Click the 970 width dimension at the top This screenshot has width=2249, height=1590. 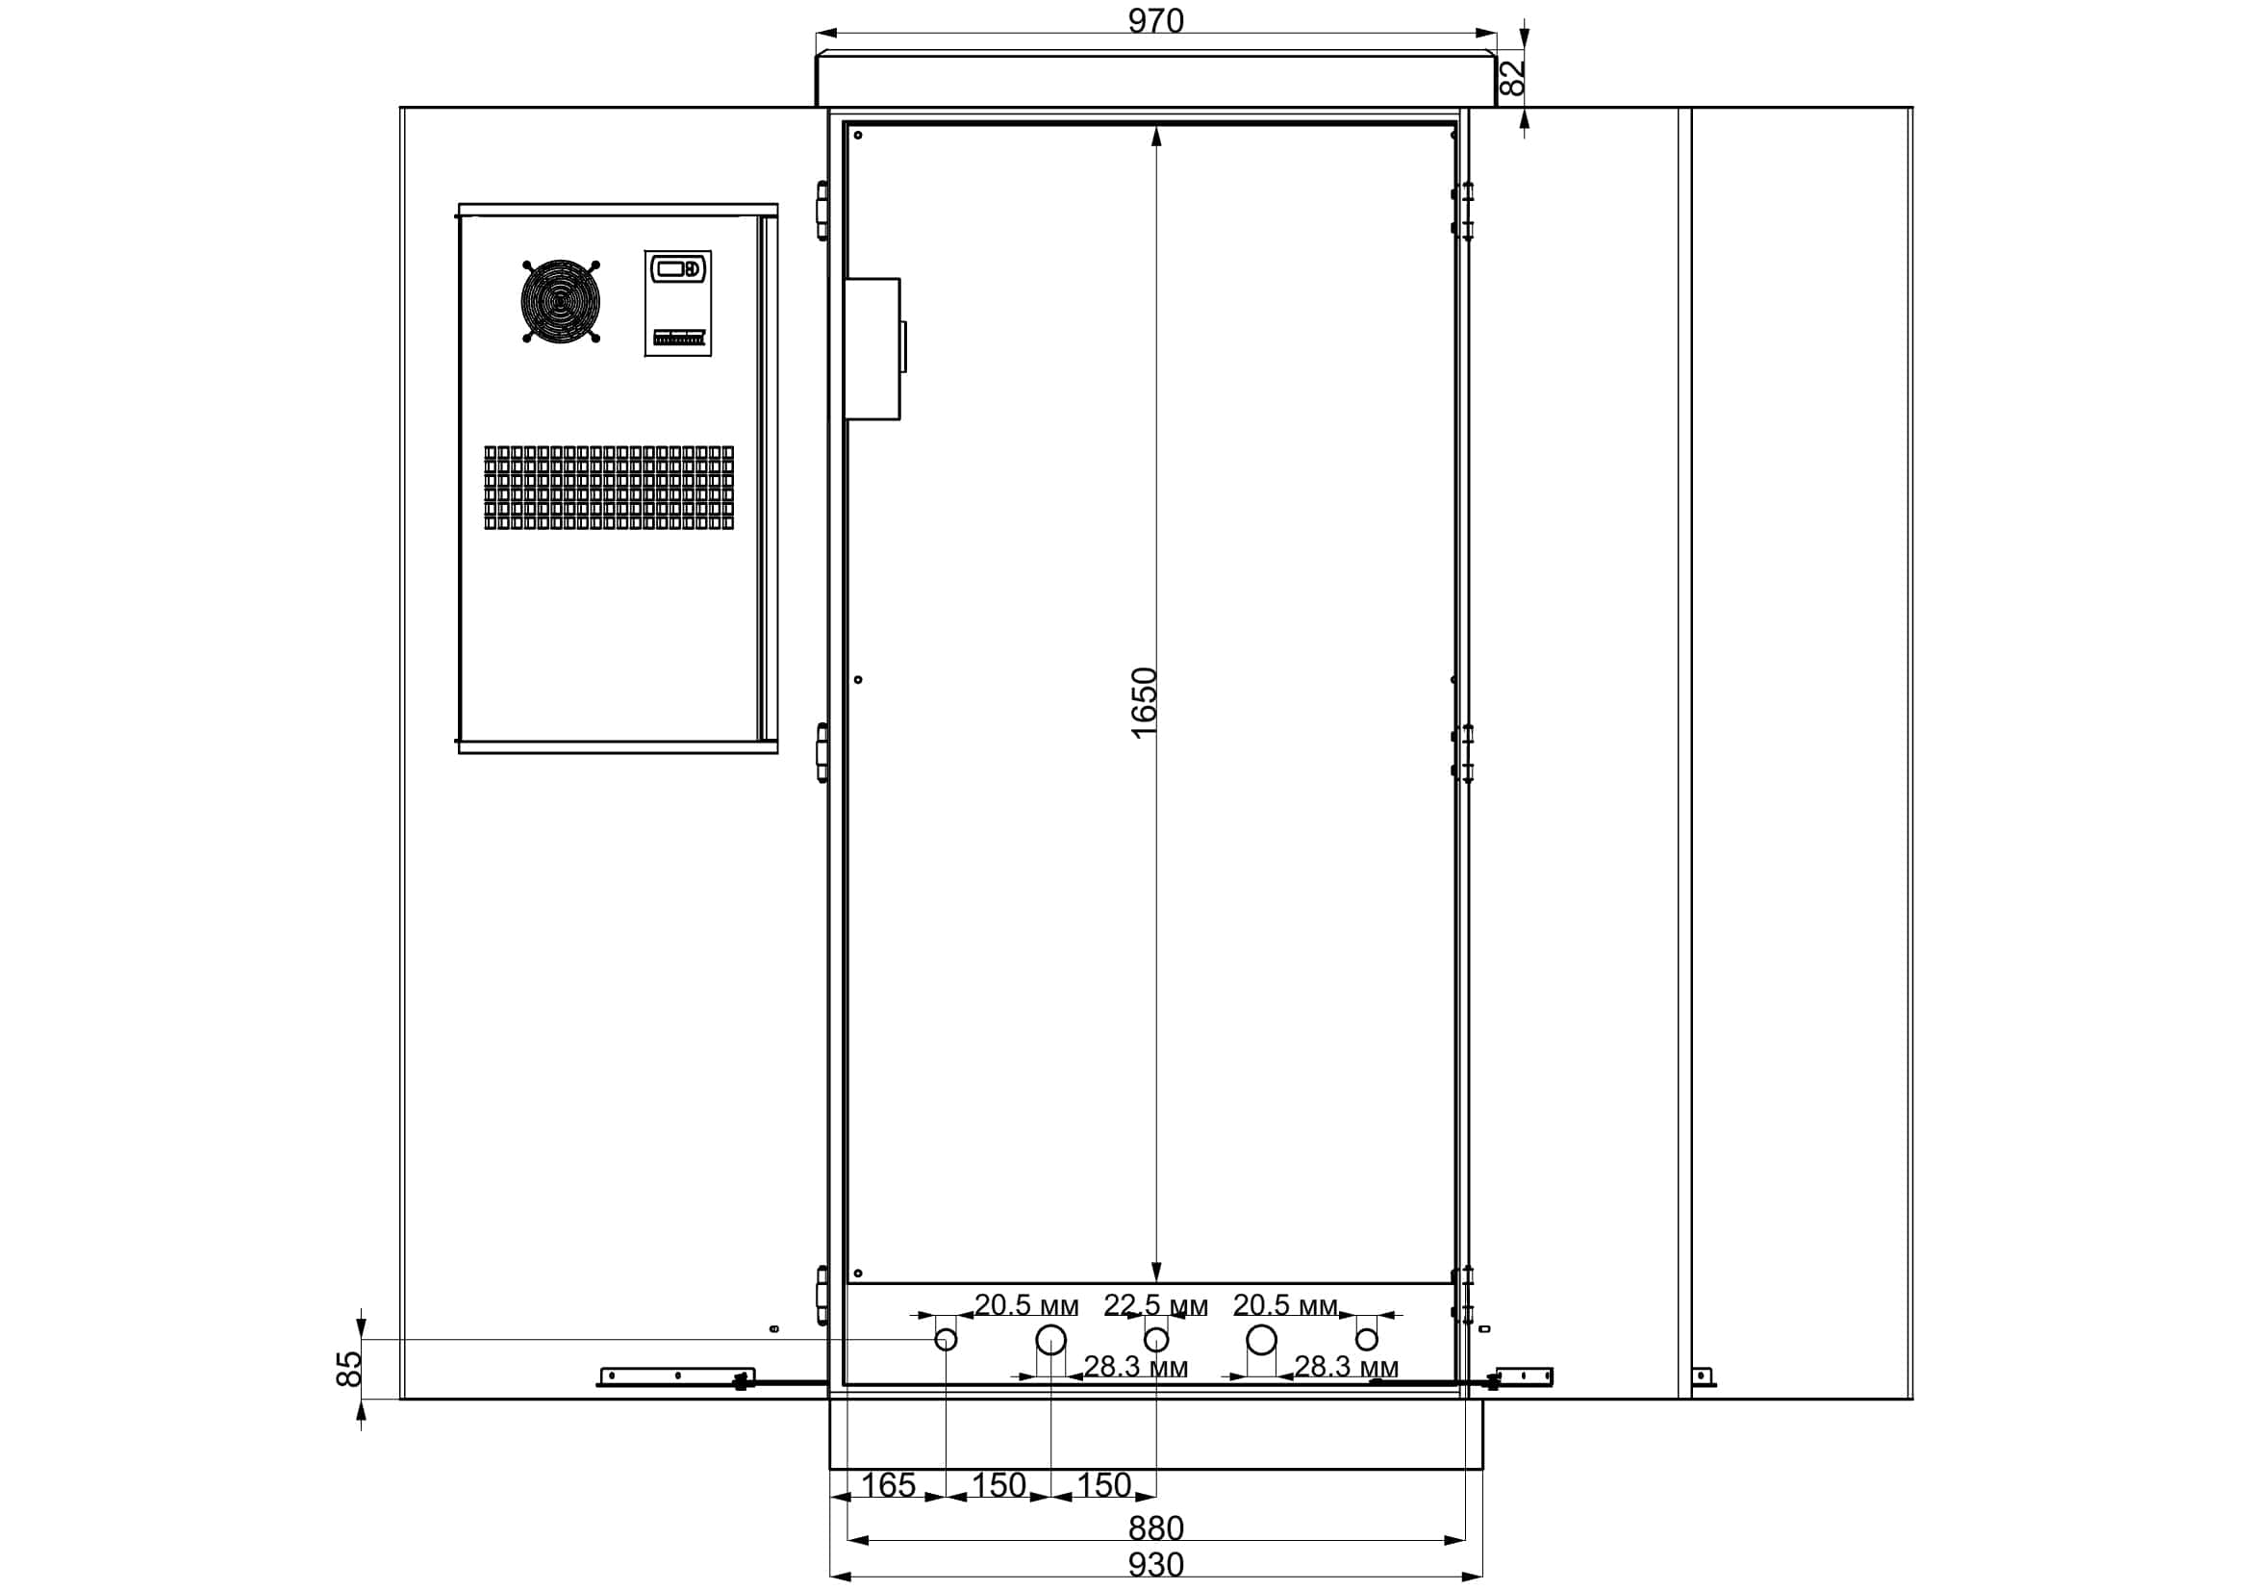pos(1156,20)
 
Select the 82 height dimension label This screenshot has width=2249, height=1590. pos(1513,77)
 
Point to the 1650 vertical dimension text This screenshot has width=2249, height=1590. pos(1144,703)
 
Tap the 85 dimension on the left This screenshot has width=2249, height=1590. pos(349,1369)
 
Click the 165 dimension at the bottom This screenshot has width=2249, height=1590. pos(888,1485)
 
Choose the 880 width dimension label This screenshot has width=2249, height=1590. pos(1156,1528)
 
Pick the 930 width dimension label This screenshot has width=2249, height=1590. pos(1156,1565)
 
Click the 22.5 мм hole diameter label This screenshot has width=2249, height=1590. pos(1156,1306)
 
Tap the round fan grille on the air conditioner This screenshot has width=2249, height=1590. pos(561,301)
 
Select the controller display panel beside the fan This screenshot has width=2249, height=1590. pos(678,303)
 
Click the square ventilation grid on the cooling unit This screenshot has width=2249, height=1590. pos(608,488)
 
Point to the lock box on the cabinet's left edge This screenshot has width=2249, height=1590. pos(872,349)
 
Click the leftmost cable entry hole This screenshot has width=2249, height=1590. pos(947,1339)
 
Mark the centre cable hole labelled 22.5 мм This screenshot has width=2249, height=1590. pos(1157,1339)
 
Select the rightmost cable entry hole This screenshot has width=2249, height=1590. pos(1367,1339)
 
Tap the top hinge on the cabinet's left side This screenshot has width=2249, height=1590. pos(822,211)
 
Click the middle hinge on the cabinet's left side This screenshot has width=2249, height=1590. pos(822,752)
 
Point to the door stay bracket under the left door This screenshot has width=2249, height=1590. pos(676,1376)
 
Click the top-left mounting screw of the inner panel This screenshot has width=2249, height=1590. pos(858,136)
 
